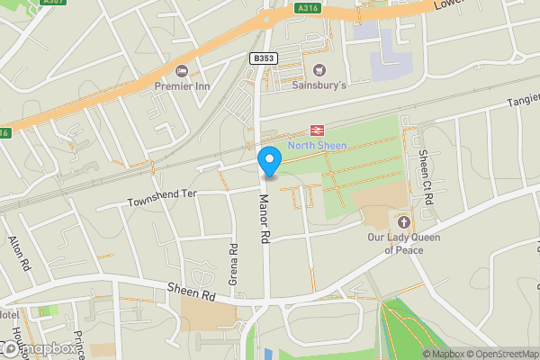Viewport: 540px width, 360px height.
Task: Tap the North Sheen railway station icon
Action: click(x=316, y=130)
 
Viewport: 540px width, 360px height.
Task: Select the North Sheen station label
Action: click(x=316, y=146)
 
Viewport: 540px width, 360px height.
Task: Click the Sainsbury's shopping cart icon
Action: click(x=317, y=70)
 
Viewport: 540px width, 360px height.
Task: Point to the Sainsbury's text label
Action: click(x=319, y=85)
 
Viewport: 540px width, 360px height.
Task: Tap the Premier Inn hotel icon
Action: click(x=182, y=70)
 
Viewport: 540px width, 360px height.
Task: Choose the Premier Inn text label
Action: click(x=183, y=85)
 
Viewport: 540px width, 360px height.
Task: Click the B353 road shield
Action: click(x=263, y=58)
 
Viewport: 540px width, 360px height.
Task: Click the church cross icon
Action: click(x=402, y=221)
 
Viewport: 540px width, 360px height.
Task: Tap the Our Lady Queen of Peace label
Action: click(x=402, y=244)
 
